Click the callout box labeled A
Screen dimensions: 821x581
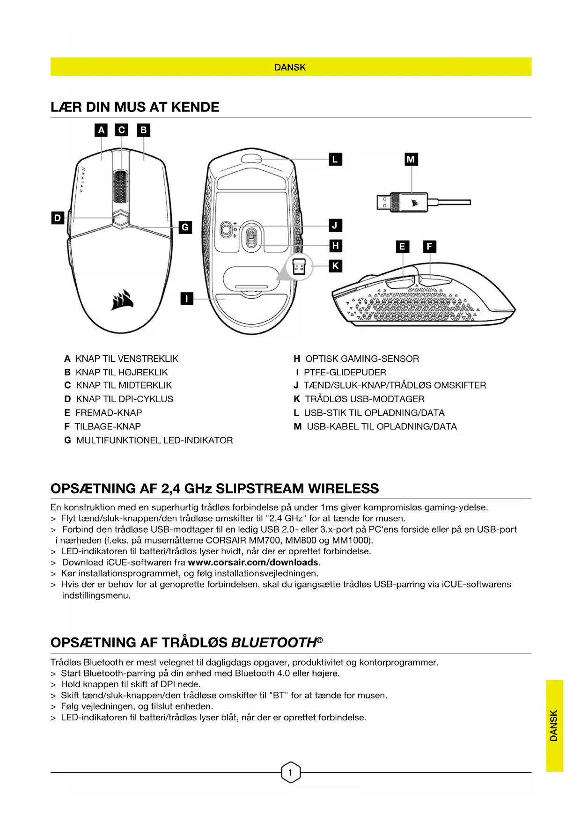point(101,130)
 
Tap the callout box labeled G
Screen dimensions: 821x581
point(185,227)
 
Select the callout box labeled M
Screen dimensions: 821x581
point(411,159)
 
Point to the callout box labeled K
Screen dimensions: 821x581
point(335,266)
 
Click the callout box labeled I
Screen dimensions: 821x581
point(187,298)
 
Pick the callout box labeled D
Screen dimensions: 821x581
point(58,218)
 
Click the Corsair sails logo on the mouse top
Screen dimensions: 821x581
point(122,300)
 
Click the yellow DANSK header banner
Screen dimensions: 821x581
point(290,67)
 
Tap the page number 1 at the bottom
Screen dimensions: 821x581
point(290,772)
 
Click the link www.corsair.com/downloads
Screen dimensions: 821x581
point(253,562)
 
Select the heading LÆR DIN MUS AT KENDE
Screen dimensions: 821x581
point(135,107)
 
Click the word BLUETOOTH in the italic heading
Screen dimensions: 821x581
point(274,643)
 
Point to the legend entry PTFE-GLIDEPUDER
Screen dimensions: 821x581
point(345,372)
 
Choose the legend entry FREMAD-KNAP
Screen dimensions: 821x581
point(108,413)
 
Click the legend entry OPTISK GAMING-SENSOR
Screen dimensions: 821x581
point(362,359)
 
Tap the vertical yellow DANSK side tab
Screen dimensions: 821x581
point(554,726)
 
